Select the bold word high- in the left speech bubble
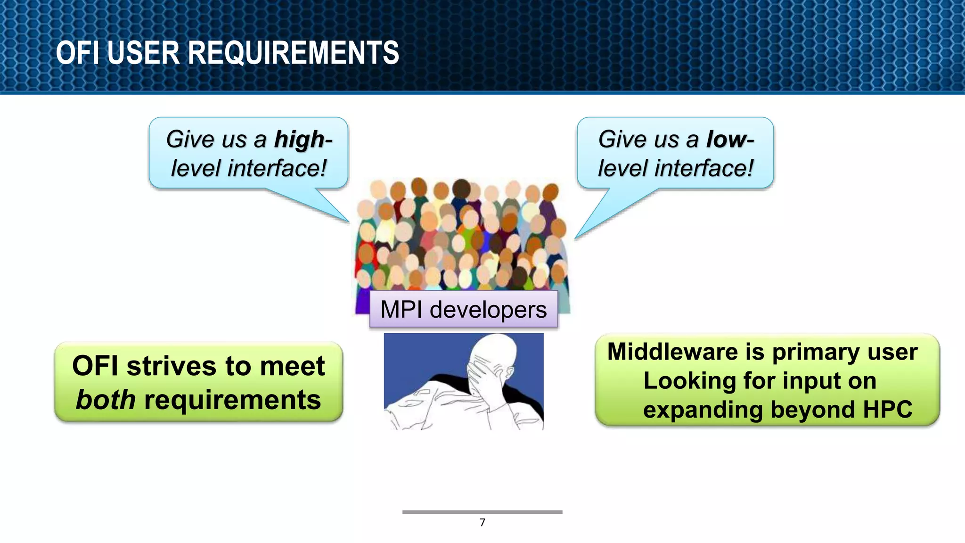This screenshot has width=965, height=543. [303, 140]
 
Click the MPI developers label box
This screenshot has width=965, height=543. [464, 310]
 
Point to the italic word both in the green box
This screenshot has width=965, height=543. [106, 400]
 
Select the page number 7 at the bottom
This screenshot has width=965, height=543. [482, 522]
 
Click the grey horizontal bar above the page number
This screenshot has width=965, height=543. [482, 512]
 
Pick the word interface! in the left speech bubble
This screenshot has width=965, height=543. [277, 168]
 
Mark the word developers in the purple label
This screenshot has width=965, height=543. [488, 310]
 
